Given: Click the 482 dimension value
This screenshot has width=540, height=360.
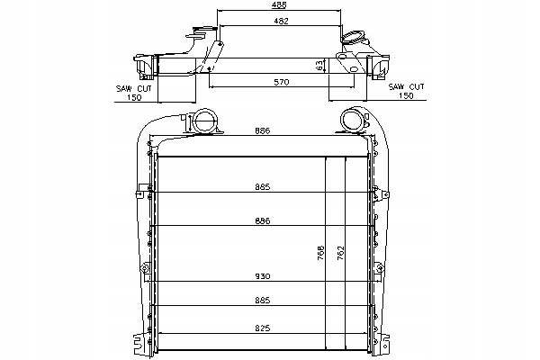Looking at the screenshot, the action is (x=281, y=21).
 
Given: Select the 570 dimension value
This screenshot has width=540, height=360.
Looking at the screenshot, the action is (x=282, y=82).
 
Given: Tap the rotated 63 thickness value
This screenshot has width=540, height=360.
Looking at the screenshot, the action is (x=319, y=66).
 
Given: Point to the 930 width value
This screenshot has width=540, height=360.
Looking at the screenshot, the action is (x=263, y=276).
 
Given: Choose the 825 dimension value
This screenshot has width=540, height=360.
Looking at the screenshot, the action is (x=263, y=328).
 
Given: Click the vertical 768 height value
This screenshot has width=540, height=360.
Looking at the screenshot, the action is (x=320, y=253).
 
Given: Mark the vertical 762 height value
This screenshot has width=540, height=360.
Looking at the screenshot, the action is (x=340, y=253).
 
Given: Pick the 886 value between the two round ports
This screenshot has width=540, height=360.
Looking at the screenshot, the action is (x=263, y=130).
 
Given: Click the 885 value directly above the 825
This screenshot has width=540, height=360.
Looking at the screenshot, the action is (x=263, y=301).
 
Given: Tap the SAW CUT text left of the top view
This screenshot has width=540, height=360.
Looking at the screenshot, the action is (x=133, y=88).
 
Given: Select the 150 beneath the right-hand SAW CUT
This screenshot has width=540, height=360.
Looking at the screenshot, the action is (x=406, y=95).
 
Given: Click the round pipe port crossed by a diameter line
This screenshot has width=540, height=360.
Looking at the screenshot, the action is (x=205, y=121).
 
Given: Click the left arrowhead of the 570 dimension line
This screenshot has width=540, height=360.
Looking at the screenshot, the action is (x=211, y=86).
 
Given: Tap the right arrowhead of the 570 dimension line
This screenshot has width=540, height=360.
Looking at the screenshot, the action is (x=352, y=86).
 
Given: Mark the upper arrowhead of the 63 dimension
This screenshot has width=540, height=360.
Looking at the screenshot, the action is (x=325, y=59).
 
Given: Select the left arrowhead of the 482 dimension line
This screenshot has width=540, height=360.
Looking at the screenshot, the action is (x=221, y=25).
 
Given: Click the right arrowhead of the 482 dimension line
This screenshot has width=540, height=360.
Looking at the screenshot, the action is (x=340, y=25).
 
